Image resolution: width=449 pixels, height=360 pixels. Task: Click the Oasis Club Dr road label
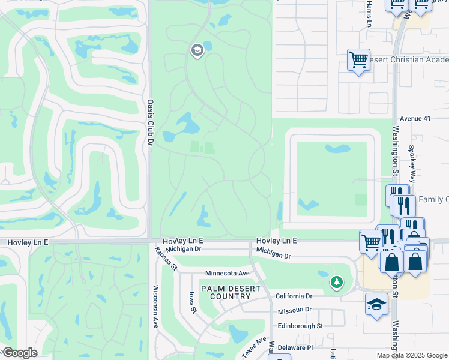(151, 122)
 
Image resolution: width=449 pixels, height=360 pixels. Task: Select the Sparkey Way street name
(412, 163)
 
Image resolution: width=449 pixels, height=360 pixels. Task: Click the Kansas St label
(166, 257)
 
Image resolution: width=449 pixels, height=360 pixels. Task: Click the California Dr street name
(294, 296)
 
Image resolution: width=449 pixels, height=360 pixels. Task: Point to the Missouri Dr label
(295, 310)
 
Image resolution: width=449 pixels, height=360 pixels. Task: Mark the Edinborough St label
(300, 326)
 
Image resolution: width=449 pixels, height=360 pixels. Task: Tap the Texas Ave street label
(253, 347)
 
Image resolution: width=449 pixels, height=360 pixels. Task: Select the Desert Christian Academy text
(408, 60)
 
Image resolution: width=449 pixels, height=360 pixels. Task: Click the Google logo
(19, 353)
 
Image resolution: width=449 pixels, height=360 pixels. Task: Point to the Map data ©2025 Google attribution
(411, 355)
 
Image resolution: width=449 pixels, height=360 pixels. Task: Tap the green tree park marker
(336, 282)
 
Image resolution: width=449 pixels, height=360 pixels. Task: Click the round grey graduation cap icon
(197, 50)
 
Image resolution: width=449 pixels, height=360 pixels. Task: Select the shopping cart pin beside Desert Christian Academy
(358, 60)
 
